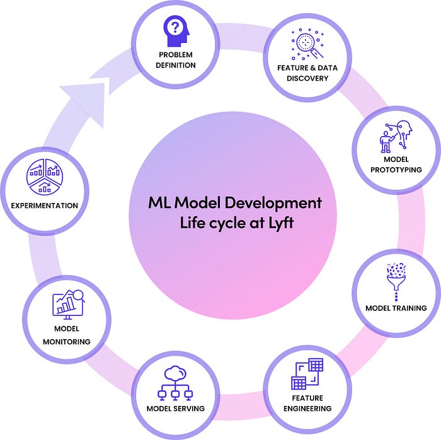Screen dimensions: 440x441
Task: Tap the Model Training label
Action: [396, 308]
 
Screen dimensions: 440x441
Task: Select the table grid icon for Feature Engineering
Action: [307, 373]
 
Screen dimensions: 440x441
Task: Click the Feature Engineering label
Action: [307, 403]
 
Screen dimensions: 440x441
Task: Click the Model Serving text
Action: [175, 408]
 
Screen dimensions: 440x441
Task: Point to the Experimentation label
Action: [43, 206]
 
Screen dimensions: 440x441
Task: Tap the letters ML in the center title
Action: [157, 204]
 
